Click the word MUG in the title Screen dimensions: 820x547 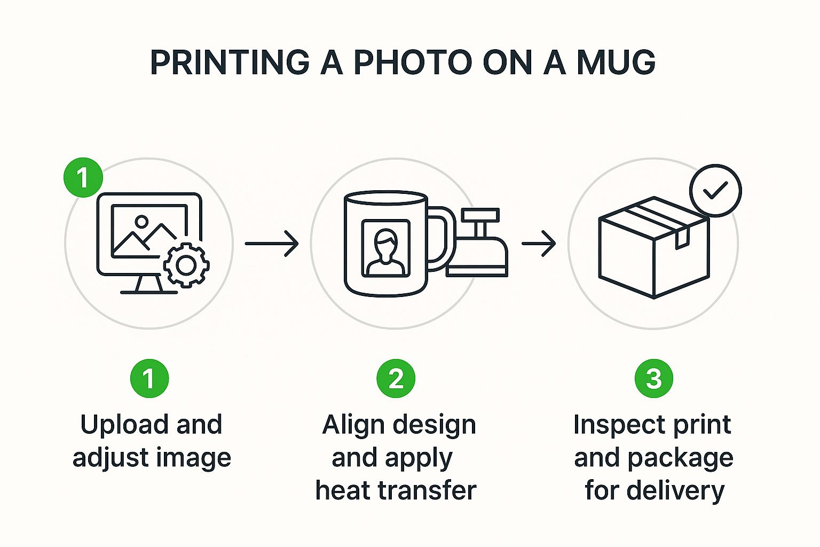pos(616,62)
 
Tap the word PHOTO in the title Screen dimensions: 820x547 pos(413,62)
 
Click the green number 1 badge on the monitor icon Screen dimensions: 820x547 pos(83,177)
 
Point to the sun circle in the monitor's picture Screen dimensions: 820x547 pos(141,222)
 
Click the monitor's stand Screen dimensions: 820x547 pos(149,285)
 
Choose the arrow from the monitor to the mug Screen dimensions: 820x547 pos(272,243)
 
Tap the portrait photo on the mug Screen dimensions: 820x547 pos(385,248)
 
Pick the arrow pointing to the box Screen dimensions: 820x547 pos(539,243)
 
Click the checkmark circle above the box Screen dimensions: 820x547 pos(715,191)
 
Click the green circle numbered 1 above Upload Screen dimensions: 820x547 pos(149,378)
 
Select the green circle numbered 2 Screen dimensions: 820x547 pos(396,378)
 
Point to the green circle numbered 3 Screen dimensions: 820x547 pos(654,378)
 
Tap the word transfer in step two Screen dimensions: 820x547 pos(427,490)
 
